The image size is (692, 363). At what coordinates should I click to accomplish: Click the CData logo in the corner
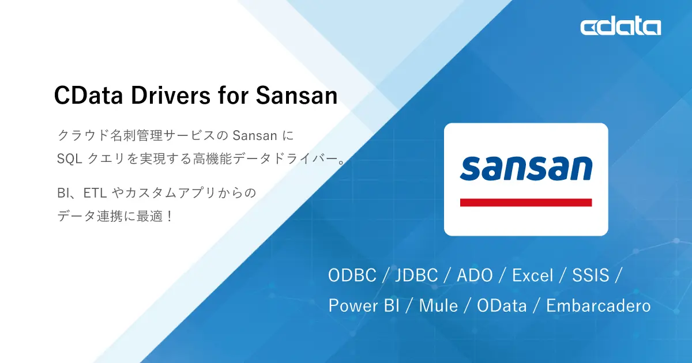click(x=620, y=27)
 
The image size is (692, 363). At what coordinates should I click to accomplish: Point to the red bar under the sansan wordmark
click(x=526, y=202)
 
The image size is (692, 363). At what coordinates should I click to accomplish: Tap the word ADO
click(x=475, y=275)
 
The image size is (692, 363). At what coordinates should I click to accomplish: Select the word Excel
click(x=533, y=275)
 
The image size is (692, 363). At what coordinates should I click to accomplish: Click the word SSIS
click(x=591, y=275)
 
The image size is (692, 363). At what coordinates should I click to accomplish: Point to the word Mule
click(x=438, y=305)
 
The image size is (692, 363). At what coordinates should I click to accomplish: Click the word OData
click(x=502, y=305)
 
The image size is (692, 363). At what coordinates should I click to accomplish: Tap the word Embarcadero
click(x=598, y=305)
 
